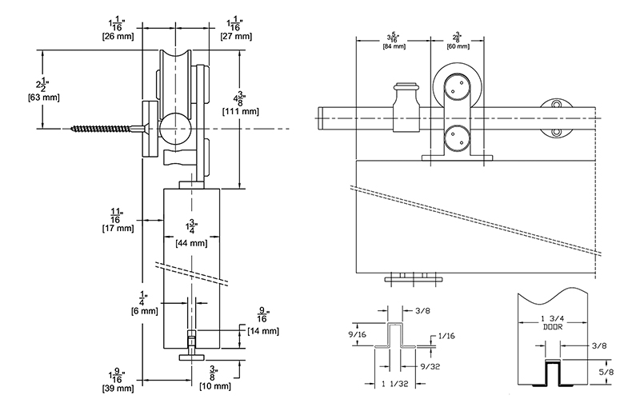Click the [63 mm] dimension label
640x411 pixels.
[x=44, y=98]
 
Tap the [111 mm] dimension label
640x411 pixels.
[x=241, y=111]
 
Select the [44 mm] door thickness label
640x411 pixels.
[x=191, y=244]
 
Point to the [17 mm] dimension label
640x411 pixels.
[x=118, y=228]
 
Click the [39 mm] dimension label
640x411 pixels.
[x=118, y=388]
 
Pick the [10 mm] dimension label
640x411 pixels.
[x=215, y=385]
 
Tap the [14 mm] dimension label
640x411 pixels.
[x=264, y=331]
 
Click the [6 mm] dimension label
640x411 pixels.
[x=145, y=311]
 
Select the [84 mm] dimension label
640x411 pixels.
[x=394, y=46]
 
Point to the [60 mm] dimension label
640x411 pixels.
[x=458, y=46]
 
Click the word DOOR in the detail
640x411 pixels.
[x=553, y=327]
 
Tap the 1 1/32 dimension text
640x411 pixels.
[x=394, y=384]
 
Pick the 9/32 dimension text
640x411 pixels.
[x=430, y=366]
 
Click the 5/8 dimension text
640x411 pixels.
[x=606, y=372]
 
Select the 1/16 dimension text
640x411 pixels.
[x=446, y=336]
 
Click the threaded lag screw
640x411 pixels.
[x=107, y=129]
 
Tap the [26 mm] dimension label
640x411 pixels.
[x=118, y=36]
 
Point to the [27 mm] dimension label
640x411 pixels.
[x=236, y=36]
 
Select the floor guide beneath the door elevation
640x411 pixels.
[x=414, y=277]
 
